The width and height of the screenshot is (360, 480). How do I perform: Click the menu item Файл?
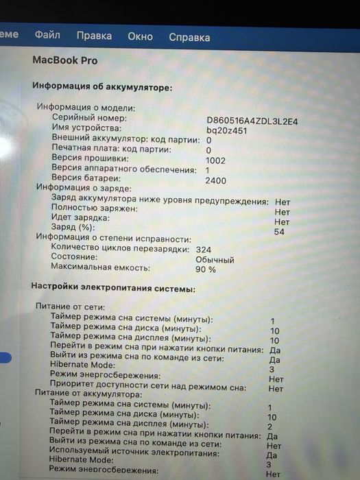click(47, 35)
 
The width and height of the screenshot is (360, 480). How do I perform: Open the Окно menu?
click(140, 36)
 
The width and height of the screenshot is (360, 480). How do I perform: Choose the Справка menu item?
click(189, 37)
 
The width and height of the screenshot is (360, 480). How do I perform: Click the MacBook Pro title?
click(65, 60)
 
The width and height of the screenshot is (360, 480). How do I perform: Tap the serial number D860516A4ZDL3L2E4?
click(252, 121)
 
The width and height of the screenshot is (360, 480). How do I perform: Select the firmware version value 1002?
click(215, 160)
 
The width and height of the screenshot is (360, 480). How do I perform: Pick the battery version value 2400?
click(215, 181)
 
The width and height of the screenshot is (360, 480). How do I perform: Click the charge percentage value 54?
click(279, 232)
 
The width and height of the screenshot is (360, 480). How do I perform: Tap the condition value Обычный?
click(215, 261)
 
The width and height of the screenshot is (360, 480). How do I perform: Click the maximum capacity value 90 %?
click(206, 269)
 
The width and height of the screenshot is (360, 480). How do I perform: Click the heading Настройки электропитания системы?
click(114, 288)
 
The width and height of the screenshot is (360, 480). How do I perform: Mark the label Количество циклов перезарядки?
click(119, 249)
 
